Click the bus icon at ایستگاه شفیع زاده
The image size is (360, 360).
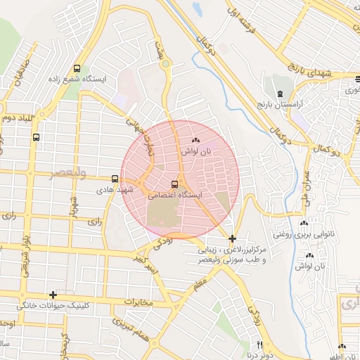click(77, 69)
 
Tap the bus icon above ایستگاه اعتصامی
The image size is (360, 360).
click(174, 185)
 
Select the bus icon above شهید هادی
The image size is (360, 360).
click(115, 179)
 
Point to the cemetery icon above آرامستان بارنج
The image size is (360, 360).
click(281, 94)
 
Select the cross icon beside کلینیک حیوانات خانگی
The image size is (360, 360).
click(53, 295)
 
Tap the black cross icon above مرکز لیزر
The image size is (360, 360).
click(233, 239)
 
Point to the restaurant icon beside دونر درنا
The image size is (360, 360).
click(259, 345)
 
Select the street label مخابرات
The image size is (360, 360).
click(138, 302)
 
